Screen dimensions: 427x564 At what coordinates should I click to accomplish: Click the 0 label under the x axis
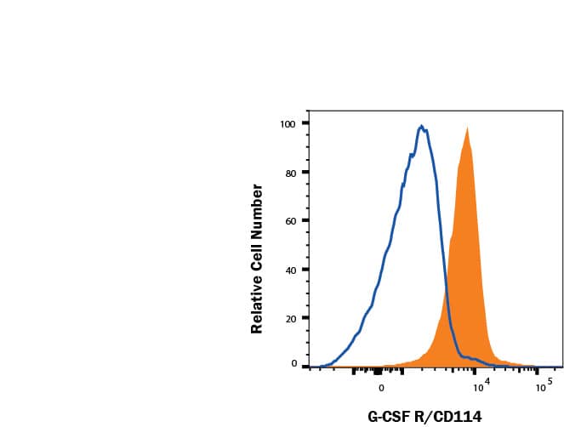tap(381, 388)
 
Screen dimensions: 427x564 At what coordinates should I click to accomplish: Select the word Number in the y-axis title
tap(256, 207)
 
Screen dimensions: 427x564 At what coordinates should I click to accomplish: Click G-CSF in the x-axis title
tap(388, 416)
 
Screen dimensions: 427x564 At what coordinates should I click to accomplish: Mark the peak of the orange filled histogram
tap(467, 128)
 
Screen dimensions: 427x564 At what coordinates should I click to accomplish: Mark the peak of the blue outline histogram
tap(421, 126)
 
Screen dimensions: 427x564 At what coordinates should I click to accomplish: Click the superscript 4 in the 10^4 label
tap(488, 383)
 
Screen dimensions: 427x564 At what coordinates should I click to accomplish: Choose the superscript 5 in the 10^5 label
tap(550, 383)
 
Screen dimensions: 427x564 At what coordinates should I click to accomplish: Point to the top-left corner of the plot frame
tap(308, 111)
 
